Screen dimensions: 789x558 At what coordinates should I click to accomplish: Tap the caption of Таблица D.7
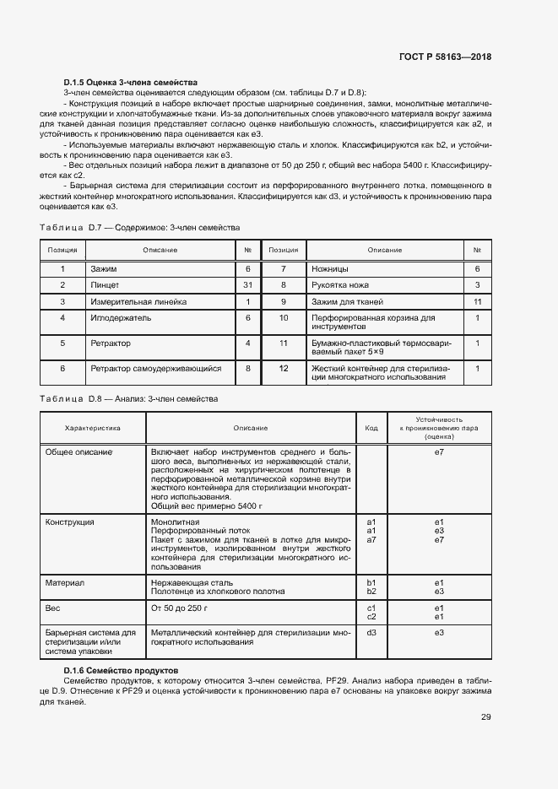coord(140,228)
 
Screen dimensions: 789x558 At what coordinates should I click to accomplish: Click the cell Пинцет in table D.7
coord(106,285)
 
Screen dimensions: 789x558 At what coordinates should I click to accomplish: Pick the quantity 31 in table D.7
coord(248,285)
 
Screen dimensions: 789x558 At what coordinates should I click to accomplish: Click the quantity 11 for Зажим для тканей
coord(477,301)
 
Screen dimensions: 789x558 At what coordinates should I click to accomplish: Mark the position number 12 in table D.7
coord(284,368)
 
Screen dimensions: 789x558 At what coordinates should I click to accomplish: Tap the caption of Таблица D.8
coord(129,397)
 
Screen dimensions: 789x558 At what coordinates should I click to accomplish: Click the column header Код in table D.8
coord(371,428)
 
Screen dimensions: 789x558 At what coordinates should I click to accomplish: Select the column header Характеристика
coord(93,428)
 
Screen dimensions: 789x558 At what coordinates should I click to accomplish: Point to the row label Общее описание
coord(79,452)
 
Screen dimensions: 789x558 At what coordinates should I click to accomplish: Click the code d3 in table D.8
coord(371,632)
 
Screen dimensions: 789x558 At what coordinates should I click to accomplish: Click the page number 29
coord(486,717)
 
